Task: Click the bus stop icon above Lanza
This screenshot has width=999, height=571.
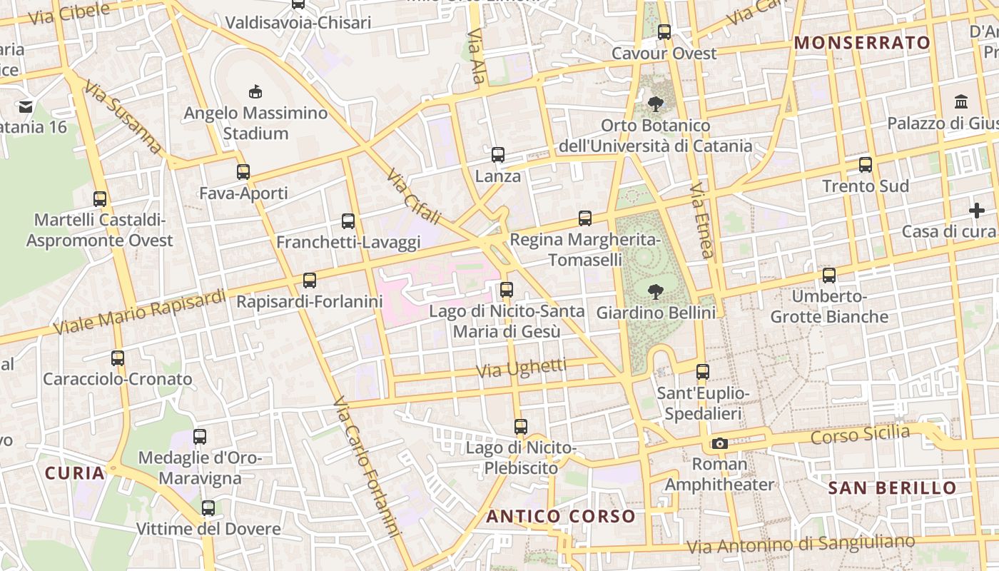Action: [498, 154]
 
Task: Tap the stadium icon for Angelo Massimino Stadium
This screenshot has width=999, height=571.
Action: [255, 91]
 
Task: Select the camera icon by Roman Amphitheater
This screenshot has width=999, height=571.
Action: [719, 443]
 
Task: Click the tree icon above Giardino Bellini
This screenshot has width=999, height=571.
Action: [654, 291]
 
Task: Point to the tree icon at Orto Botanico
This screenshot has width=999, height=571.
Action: [655, 105]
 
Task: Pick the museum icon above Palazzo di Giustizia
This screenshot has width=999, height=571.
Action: [960, 102]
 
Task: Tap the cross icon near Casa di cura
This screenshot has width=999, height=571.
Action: [976, 211]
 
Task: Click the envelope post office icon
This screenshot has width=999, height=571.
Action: [26, 107]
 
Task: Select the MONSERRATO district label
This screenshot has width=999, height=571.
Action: [862, 43]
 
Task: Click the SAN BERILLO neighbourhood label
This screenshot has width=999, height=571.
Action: [892, 488]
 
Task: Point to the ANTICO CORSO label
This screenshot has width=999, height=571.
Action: [561, 516]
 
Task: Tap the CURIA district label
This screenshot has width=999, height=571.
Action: [75, 473]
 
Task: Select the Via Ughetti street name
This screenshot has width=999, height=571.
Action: [521, 369]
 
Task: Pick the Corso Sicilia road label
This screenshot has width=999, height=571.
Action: [860, 434]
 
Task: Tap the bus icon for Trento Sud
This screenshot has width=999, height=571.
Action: [866, 165]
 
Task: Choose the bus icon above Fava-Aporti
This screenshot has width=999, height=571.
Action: [243, 172]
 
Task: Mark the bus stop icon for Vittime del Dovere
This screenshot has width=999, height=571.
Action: [208, 508]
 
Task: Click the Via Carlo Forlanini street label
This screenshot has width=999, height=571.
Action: [365, 467]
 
